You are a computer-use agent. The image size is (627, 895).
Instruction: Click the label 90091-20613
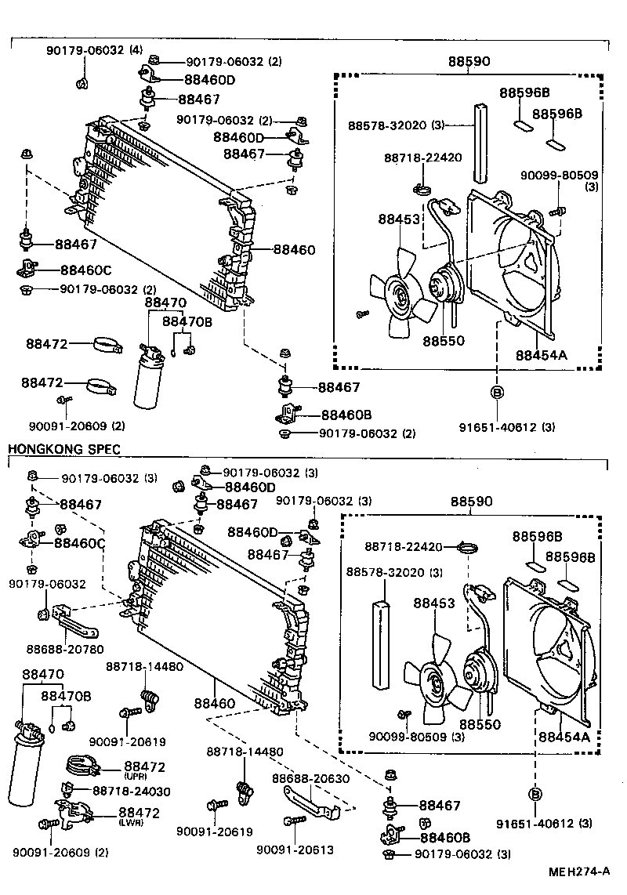click(x=294, y=850)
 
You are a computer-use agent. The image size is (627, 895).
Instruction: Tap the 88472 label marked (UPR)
click(x=140, y=765)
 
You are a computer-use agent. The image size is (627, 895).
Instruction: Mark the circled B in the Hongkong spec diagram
click(x=536, y=794)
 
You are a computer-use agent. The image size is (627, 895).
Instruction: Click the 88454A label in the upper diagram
click(x=541, y=354)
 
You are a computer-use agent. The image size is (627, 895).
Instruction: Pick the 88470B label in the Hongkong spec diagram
click(x=66, y=696)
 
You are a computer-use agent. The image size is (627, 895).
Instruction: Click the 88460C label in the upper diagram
click(x=85, y=270)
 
